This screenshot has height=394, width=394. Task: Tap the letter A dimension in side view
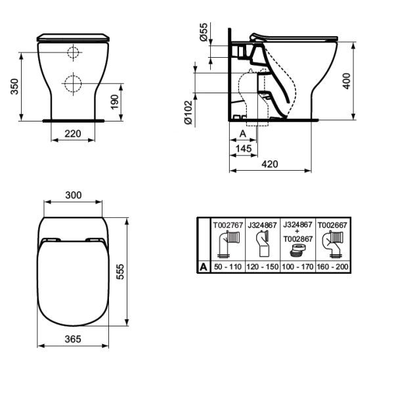pos(242,133)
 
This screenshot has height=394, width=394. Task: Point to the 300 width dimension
pos(74,195)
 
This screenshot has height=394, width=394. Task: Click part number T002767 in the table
pos(227,224)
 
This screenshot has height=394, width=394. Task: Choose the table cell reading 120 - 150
pos(263,268)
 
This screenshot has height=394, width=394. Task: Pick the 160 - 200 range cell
pos(332,268)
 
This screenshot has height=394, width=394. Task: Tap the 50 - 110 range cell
pos(227,268)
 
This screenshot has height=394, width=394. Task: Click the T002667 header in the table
pos(332,224)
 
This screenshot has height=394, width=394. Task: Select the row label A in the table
pos(204,268)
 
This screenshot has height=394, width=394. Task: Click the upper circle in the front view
pos(73,53)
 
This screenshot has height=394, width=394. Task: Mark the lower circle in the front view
pos(73,83)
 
